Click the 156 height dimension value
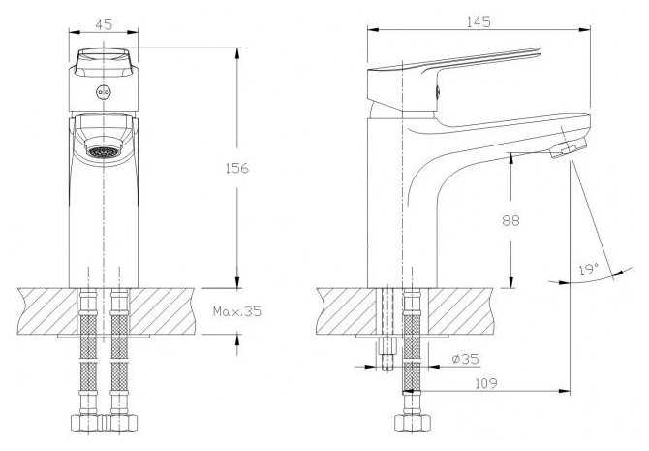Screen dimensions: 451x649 coord(238,168)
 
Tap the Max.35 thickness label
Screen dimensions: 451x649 coord(237,311)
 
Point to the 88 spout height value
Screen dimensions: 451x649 coord(510,220)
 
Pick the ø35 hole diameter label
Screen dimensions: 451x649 coord(466,360)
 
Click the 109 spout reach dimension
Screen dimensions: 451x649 coord(486,384)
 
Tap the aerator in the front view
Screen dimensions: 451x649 coord(104,151)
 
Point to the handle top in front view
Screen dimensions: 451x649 coord(104,57)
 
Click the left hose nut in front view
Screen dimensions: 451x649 coord(88,423)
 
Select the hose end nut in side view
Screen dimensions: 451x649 coord(411,423)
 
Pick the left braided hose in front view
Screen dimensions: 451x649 coord(89,359)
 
